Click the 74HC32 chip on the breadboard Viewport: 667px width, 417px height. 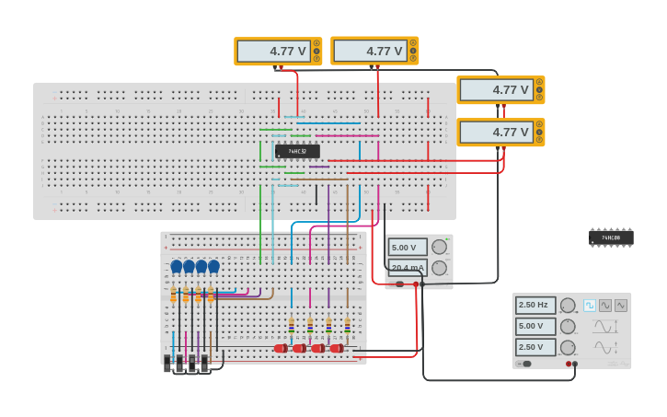tap(297, 151)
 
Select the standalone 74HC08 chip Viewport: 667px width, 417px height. tap(611, 237)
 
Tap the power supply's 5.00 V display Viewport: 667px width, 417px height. tap(408, 247)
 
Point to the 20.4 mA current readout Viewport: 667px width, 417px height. tap(408, 268)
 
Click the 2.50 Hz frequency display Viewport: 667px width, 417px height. tap(535, 306)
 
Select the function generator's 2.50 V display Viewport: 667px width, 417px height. tap(535, 347)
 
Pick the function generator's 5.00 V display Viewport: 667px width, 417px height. tap(535, 326)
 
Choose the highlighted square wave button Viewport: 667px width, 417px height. tap(590, 306)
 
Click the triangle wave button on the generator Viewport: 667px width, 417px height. tap(621, 306)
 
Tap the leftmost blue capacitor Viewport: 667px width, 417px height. tap(177, 267)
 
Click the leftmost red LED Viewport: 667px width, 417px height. tap(281, 349)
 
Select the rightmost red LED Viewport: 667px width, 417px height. tap(337, 349)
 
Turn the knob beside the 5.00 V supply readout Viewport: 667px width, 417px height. tap(440, 247)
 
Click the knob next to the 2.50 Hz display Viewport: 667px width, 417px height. tap(568, 306)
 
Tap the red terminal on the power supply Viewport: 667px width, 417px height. tap(416, 284)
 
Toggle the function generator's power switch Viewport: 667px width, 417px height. tap(525, 364)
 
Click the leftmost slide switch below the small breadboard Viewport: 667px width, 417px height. tap(168, 364)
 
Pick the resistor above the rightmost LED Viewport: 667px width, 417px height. tap(347, 326)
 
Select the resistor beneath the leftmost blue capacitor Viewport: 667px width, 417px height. tap(173, 295)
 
